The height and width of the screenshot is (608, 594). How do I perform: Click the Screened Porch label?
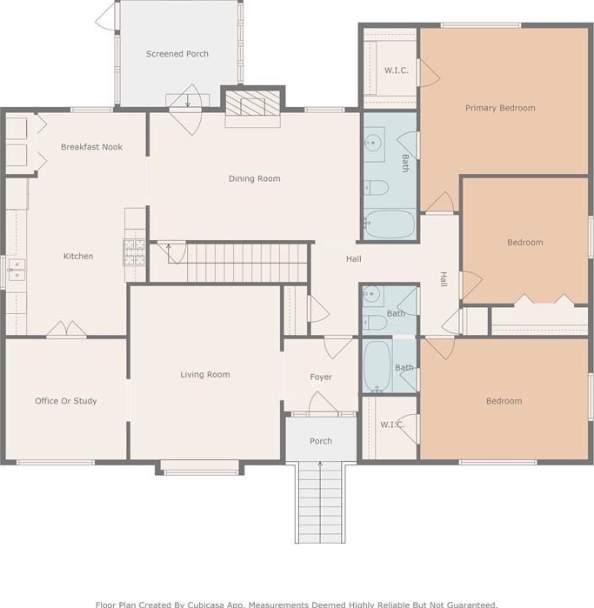(177, 54)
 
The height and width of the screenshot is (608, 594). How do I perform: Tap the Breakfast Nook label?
(91, 147)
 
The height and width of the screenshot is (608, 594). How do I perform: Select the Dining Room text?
(254, 179)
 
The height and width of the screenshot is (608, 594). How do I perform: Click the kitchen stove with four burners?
(134, 252)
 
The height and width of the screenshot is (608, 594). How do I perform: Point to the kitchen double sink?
(17, 270)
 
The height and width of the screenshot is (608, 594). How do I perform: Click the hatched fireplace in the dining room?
(253, 104)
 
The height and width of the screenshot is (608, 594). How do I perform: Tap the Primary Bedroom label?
(500, 108)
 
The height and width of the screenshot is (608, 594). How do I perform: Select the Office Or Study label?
(66, 401)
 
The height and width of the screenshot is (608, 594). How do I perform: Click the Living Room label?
(205, 375)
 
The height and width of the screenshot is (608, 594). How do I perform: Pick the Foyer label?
(321, 377)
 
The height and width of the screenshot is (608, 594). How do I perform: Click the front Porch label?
(321, 441)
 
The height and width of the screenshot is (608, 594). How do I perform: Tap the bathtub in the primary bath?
(390, 224)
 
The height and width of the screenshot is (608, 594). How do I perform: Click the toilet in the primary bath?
(376, 188)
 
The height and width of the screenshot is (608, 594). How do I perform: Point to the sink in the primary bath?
(374, 144)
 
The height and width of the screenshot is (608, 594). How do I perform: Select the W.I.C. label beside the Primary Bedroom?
(397, 70)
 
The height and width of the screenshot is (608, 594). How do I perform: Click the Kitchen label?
(78, 257)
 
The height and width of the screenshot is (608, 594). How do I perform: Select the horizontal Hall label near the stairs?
(354, 259)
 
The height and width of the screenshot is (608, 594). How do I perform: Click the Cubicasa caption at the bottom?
(297, 605)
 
